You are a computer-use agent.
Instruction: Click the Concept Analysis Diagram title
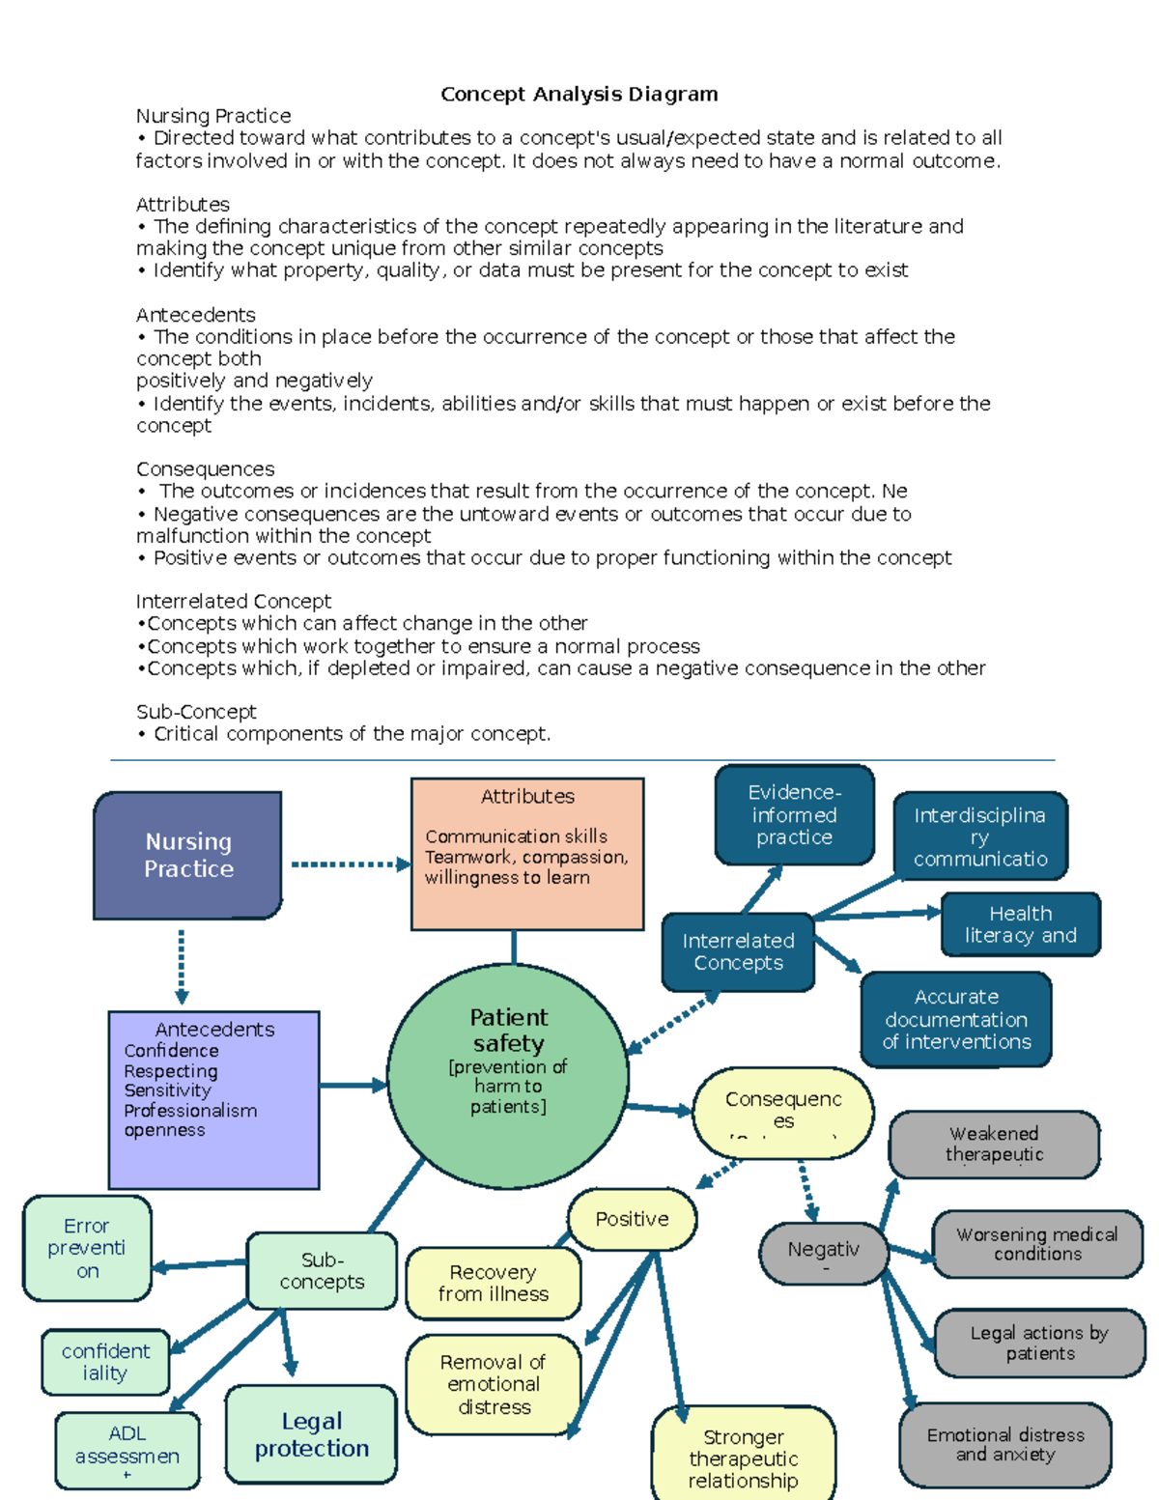(x=579, y=94)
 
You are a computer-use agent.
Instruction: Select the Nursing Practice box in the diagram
(x=188, y=855)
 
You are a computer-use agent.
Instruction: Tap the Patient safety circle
(x=508, y=1076)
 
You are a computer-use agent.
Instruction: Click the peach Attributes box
(x=527, y=854)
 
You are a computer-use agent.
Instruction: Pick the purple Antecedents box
(x=213, y=1099)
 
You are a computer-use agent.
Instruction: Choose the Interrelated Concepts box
(x=738, y=951)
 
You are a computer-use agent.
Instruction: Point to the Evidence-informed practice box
(x=794, y=814)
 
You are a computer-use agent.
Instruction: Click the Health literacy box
(x=1020, y=924)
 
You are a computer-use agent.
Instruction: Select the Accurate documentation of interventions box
(x=956, y=1019)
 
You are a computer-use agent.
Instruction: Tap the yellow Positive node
(x=632, y=1219)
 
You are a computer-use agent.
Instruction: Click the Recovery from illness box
(x=494, y=1283)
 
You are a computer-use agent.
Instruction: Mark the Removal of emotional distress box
(x=494, y=1384)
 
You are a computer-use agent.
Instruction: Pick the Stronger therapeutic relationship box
(x=743, y=1458)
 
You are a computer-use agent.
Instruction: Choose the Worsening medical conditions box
(x=1037, y=1244)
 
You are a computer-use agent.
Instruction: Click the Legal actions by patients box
(x=1039, y=1343)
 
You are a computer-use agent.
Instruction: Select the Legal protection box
(x=311, y=1434)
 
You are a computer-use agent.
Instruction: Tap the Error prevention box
(x=87, y=1248)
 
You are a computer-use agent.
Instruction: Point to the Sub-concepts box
(x=322, y=1270)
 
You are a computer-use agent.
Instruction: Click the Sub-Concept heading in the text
(x=196, y=712)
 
